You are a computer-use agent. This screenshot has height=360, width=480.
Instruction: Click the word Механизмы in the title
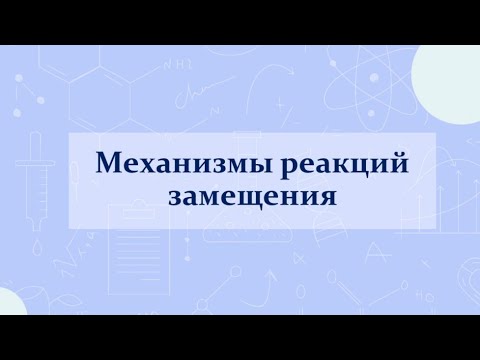(x=170, y=162)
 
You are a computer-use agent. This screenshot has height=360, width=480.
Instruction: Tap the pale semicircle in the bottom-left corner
(x=10, y=302)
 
